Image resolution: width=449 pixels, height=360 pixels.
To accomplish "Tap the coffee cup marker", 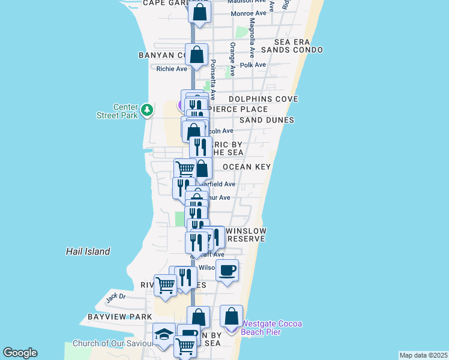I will tap(227, 271).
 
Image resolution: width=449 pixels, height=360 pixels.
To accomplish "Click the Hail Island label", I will tap(88, 251).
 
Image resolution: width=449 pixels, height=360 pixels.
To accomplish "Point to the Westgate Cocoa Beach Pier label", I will tap(271, 328).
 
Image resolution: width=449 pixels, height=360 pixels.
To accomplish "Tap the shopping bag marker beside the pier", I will tap(231, 317).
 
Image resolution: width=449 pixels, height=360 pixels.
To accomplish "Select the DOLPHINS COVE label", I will tap(264, 98).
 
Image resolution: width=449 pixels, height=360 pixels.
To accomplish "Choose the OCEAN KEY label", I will tap(247, 167).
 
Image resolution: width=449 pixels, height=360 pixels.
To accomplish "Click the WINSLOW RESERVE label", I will tap(246, 235).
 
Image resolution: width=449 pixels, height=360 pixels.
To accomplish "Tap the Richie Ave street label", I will tap(172, 68).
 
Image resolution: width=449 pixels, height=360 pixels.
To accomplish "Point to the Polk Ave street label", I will tap(253, 64).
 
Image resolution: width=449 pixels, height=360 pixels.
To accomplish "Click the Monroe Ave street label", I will tap(249, 13).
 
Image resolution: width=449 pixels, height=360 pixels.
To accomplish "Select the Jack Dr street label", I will tap(116, 296).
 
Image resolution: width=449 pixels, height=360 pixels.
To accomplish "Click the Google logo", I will tap(20, 353).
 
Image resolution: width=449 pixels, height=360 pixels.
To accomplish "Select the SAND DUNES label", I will tap(267, 120).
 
